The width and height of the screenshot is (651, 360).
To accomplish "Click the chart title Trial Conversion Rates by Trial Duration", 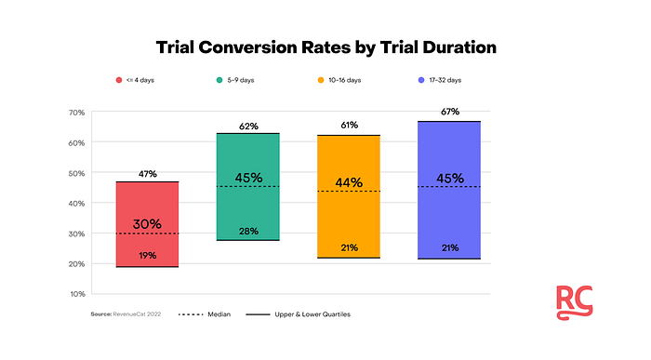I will point(325,47).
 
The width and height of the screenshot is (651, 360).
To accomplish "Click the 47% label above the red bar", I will point(147,174).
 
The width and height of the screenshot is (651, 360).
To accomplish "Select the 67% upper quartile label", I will point(448,113).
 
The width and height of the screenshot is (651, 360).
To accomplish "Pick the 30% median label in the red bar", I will point(147,224).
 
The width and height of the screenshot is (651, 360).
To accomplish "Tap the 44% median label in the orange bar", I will point(348,182).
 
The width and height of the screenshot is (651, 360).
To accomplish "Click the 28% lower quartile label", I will point(247,231).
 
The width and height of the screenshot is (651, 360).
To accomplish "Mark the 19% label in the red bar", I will point(147,256).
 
